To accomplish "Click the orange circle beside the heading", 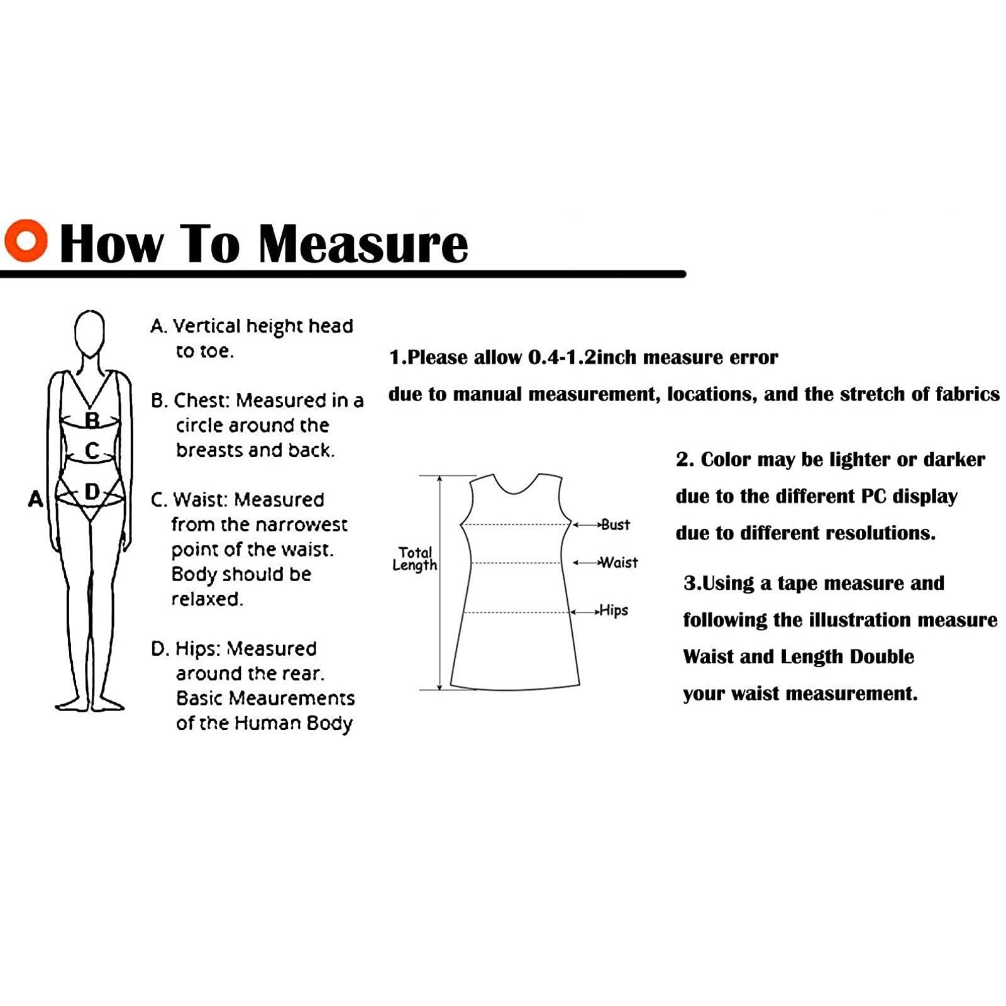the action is click(25, 240).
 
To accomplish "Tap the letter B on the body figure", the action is click(92, 419).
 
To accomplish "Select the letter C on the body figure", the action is click(92, 451).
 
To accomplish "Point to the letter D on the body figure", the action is click(92, 492).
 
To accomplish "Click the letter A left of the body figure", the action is click(36, 499).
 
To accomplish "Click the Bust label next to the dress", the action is click(616, 524).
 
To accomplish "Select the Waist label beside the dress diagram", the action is click(619, 562).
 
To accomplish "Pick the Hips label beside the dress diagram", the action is click(614, 611).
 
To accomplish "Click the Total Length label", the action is click(415, 558).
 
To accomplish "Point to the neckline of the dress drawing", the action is click(516, 489).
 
